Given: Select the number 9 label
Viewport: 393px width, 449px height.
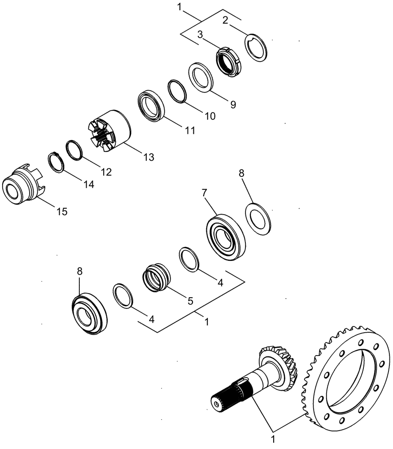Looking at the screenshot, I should [232, 104].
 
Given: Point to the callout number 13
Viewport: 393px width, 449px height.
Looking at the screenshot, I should [148, 157].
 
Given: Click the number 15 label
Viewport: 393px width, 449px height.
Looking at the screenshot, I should [62, 211].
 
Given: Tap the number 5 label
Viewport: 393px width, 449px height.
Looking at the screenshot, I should [190, 301].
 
